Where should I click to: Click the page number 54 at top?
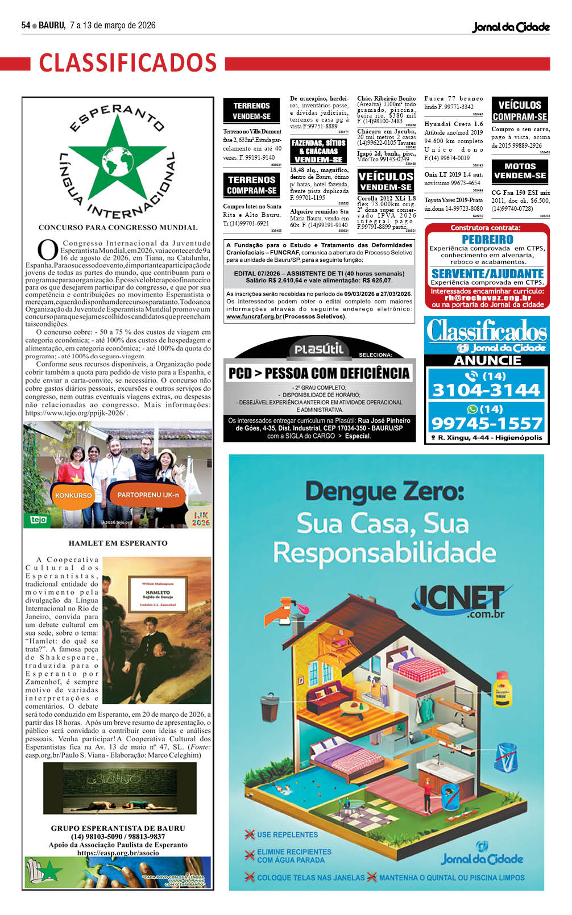pos(26,26)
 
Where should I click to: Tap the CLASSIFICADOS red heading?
pos(128,62)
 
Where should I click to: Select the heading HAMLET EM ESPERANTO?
pos(118,543)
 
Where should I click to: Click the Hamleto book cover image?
pos(157,630)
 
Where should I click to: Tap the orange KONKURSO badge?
pos(73,495)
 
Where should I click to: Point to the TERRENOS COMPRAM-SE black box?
pos(251,185)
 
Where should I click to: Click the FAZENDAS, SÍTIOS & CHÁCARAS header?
pos(318,151)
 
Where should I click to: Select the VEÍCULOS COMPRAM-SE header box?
pos(520,110)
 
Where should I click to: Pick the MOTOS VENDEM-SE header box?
pos(520,171)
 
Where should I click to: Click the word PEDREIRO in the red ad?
pos(487,240)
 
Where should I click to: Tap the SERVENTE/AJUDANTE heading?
pos(487,274)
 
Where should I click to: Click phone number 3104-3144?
pos(486,390)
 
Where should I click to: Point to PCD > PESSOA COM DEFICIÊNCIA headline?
pos(318,373)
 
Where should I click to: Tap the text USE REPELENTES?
pos(287,834)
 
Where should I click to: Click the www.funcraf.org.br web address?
pos(254,316)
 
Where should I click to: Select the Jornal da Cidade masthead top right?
pos(511,27)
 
